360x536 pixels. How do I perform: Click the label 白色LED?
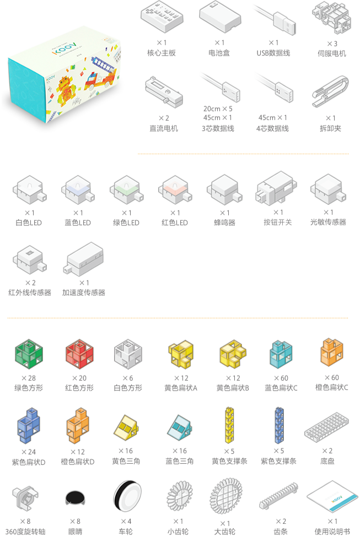tap(28, 223)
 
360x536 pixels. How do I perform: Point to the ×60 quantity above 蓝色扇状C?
tap(281, 378)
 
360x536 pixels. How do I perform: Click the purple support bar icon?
tap(280, 425)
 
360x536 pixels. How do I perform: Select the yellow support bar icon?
tap(230, 425)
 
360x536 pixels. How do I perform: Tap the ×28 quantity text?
tap(28, 378)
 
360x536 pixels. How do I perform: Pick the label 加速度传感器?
tap(83, 293)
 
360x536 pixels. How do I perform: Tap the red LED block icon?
tap(175, 191)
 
